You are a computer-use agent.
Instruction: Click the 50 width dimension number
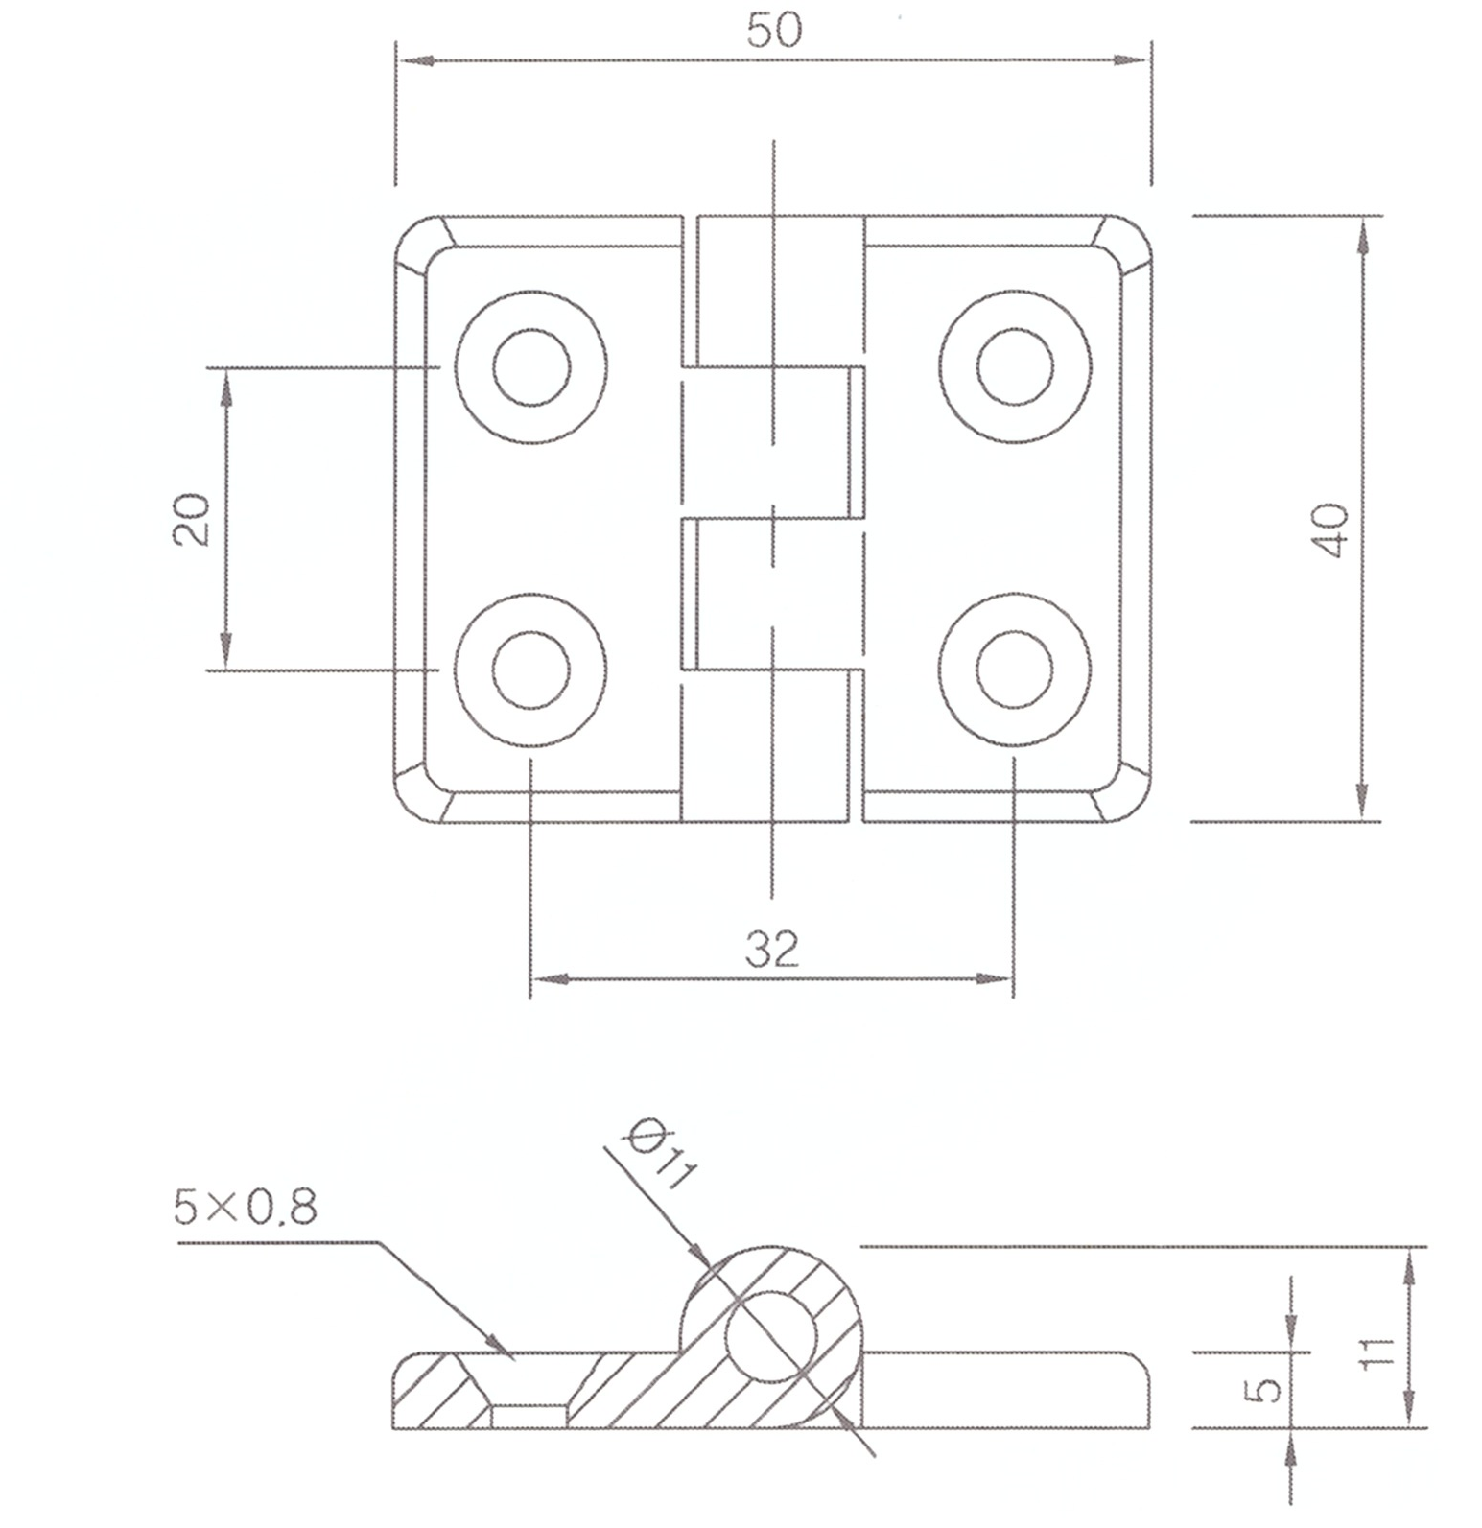tap(773, 31)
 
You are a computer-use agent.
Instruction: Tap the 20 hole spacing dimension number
tap(192, 519)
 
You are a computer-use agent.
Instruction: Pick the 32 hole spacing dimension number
tap(772, 949)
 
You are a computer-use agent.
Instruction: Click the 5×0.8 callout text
tap(246, 1207)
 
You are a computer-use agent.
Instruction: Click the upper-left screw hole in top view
tap(530, 367)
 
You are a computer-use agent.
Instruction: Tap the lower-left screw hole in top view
tap(530, 670)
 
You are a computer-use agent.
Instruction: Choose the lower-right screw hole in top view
tap(1015, 670)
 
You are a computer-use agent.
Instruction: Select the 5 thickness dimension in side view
tap(1268, 1388)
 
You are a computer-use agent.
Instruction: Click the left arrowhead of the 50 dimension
tap(412, 60)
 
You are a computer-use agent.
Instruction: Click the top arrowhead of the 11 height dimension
tap(1407, 1264)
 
